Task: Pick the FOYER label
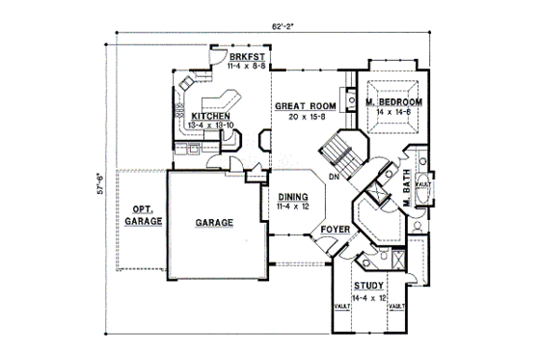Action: [333, 230]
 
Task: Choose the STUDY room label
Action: [367, 287]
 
